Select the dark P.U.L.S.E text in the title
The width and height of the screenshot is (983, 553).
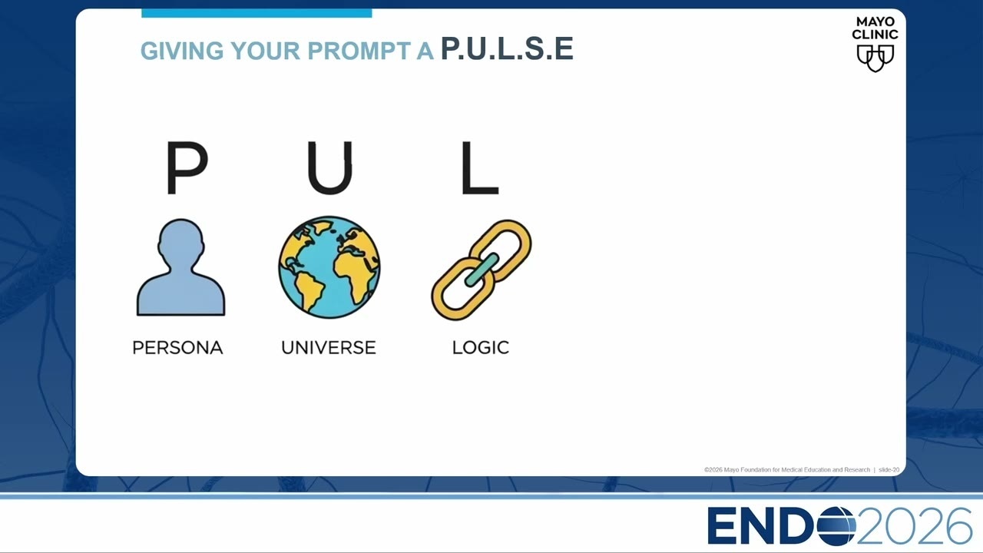pos(507,48)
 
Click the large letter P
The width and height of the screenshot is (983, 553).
pos(187,167)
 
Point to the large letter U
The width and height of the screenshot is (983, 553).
pos(329,167)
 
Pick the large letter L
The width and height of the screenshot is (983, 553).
pos(480,167)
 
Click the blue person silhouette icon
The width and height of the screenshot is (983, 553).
pos(180,267)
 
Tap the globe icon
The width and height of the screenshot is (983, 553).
pos(329,267)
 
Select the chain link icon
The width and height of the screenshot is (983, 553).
pos(481,270)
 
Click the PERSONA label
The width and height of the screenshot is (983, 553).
pos(177,348)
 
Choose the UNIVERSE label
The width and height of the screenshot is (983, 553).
pos(329,348)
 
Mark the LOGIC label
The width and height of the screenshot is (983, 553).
pos(481,348)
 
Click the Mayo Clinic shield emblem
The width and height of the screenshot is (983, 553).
pos(875,58)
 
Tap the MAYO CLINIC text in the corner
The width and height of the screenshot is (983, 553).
pos(875,28)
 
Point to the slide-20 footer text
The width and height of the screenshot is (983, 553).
pos(889,469)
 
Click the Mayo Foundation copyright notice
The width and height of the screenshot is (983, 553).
pos(787,469)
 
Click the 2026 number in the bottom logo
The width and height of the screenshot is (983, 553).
pos(914,526)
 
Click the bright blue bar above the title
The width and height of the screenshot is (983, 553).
pos(257,13)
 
